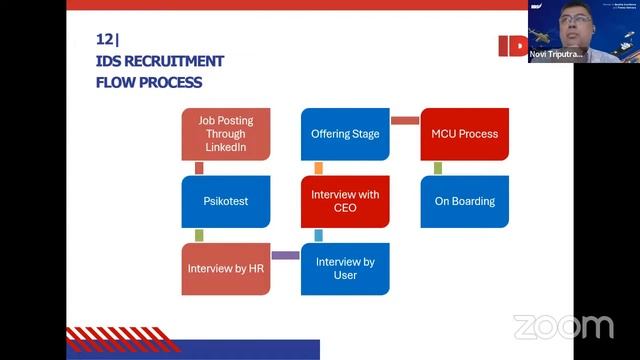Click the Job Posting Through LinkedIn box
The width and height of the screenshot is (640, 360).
click(x=225, y=134)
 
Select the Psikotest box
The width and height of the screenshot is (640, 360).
click(x=225, y=201)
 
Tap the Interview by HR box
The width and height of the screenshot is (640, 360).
click(x=225, y=269)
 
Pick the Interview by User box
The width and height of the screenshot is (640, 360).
click(x=345, y=269)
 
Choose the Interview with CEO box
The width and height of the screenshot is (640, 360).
click(x=345, y=201)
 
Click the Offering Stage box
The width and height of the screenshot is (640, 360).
click(x=345, y=134)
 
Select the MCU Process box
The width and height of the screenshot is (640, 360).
click(x=464, y=134)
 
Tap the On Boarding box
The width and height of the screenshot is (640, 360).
click(x=464, y=201)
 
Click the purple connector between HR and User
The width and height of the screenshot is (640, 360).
click(x=285, y=256)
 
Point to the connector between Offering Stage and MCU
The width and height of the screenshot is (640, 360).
click(x=404, y=121)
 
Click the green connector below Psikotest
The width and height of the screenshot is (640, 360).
click(x=199, y=235)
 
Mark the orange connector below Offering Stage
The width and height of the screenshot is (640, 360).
click(x=318, y=168)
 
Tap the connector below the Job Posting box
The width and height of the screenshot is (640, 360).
click(x=199, y=168)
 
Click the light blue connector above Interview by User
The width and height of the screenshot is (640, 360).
click(x=318, y=235)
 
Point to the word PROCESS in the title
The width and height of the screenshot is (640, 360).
click(x=169, y=82)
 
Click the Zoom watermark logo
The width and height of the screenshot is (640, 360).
click(x=563, y=327)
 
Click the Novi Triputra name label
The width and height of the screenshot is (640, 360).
click(x=556, y=54)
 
